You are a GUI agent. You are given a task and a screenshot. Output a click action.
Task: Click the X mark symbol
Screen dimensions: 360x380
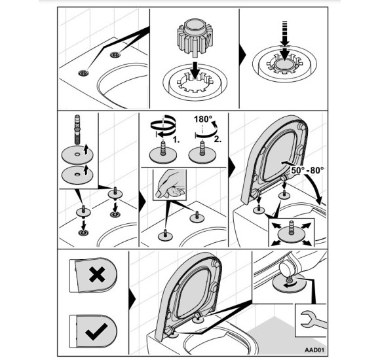click(96, 275)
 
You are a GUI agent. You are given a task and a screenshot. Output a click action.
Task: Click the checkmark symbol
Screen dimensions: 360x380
click(96, 331)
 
